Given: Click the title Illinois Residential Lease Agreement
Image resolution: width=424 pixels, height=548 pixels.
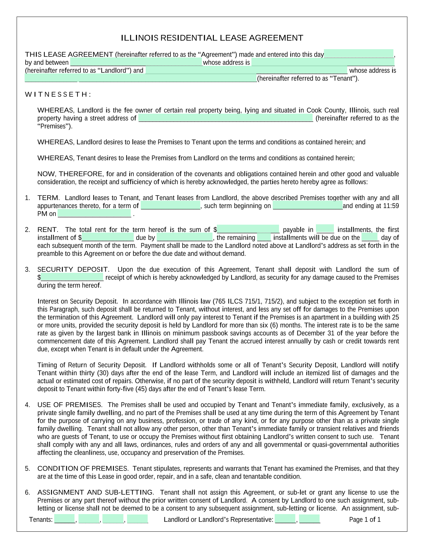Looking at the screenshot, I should point(212,38).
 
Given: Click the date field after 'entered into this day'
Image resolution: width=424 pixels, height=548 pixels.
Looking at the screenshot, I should point(358,54).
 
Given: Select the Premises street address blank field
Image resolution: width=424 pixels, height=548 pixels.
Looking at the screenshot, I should point(225,118).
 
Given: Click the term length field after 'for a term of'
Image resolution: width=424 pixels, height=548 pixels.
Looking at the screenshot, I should point(171,205).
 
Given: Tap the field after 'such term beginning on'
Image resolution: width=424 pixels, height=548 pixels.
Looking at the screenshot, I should point(308,205).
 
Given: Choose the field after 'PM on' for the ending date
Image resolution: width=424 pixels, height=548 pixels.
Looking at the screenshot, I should point(94,213).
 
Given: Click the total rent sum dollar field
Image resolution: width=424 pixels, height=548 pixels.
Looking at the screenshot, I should point(248,229).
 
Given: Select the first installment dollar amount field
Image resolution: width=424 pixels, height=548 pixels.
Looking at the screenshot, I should point(108,237).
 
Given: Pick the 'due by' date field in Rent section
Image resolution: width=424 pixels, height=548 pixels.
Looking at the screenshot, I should point(185,237).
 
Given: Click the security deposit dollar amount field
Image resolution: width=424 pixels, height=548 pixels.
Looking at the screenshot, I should point(72,277).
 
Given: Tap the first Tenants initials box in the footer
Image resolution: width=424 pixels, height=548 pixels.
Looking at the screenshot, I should point(65,519).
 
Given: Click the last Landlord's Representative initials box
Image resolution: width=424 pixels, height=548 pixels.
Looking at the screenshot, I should point(310,519).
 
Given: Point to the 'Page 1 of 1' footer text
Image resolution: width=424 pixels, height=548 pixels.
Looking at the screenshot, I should point(365,520).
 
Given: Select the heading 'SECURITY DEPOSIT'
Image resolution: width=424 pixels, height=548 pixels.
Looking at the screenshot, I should point(73,269).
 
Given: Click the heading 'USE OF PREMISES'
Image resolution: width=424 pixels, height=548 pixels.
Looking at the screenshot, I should point(70,405).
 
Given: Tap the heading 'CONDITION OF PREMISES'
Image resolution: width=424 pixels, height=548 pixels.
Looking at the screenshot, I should point(83,469).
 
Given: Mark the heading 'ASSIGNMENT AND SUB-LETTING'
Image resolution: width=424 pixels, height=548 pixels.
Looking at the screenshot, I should point(95,492).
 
